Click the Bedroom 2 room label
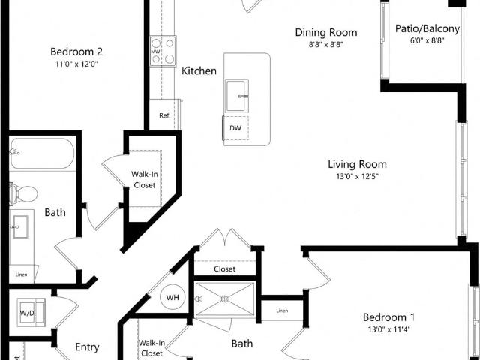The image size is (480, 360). pos(76,52)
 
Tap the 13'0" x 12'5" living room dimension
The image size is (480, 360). pos(357,177)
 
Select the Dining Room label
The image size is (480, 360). pos(326,32)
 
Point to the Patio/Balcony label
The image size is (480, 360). pos(427,28)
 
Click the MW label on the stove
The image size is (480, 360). pos(155,52)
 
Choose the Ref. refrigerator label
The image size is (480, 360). pos(165,115)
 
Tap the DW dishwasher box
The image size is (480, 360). pos(235,128)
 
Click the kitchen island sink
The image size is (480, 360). pos(237,96)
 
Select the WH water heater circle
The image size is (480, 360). pos(172,297)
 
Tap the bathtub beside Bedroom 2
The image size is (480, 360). pos(42,153)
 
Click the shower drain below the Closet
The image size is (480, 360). pos(225,298)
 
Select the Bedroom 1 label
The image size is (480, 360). pos(388,317)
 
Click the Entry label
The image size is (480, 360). pos(87,347)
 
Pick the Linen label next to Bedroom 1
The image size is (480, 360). pos(282,310)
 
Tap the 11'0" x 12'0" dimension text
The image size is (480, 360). pos(76,64)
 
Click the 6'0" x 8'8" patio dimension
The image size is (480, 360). pos(427,40)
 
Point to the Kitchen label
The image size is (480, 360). pos(199,71)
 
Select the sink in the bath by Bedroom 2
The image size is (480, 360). pos(20,226)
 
